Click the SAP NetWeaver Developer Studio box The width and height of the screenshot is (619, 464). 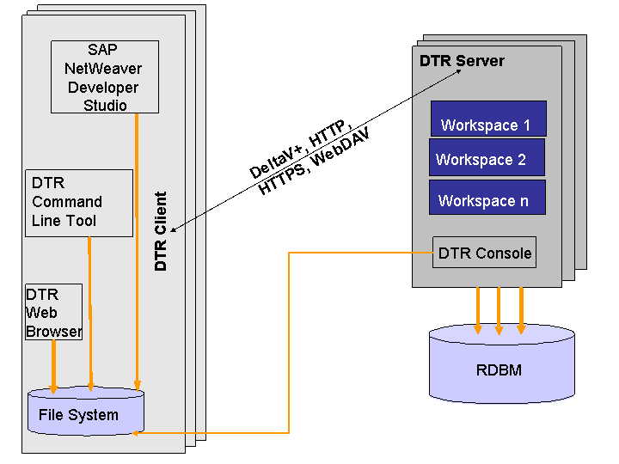pyautogui.click(x=105, y=76)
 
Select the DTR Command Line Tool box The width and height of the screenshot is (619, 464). pyautogui.click(x=79, y=202)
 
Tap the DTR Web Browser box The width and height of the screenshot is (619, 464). pyautogui.click(x=53, y=311)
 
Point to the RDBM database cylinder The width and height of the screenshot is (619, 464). pyautogui.click(x=501, y=366)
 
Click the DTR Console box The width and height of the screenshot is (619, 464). pyautogui.click(x=484, y=253)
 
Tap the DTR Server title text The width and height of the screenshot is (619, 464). pyautogui.click(x=462, y=61)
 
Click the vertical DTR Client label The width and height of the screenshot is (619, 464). pyautogui.click(x=161, y=231)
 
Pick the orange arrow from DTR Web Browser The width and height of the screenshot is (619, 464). pyautogui.click(x=54, y=365)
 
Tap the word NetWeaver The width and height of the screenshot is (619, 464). pyautogui.click(x=104, y=68)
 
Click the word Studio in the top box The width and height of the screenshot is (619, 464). pyautogui.click(x=105, y=106)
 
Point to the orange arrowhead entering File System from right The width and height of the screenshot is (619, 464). pyautogui.click(x=138, y=432)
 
